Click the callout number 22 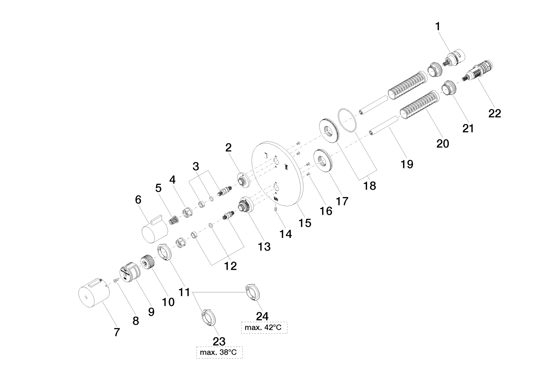tap(495, 113)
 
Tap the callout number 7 tap(116, 332)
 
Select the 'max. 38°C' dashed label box tap(219, 353)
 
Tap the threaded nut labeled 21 tap(448, 89)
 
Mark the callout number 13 tap(264, 246)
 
